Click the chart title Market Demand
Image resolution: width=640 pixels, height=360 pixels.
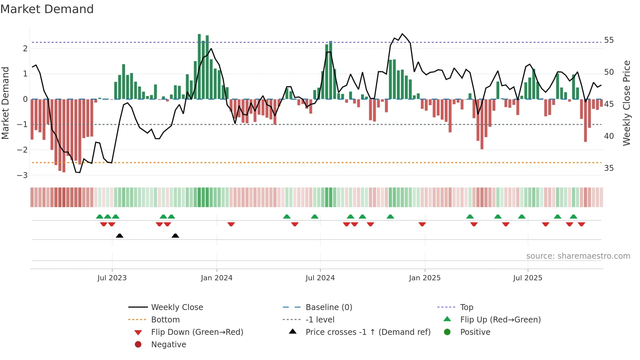pos(47,9)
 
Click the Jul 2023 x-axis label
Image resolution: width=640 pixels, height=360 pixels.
pos(112,278)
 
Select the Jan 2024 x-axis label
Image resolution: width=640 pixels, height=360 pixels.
pos(216,278)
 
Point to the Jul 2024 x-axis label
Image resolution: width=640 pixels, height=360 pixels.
pos(320,278)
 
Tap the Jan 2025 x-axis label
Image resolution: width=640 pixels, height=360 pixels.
pos(424,278)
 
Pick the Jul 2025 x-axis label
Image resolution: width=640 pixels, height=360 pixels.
pos(527,278)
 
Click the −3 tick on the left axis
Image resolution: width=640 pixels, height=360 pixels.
pos(22,175)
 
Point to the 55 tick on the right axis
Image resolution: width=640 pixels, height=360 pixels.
pos(609,40)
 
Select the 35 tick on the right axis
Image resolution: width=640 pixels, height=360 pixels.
pos(609,168)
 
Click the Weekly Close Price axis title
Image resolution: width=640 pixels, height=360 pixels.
pos(627,103)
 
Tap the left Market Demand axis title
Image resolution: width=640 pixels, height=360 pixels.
pos(5,103)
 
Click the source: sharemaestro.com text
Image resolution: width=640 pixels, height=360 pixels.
pos(578,256)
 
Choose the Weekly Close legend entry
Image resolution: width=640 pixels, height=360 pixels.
pos(177,307)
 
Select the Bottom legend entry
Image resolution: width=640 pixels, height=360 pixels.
pos(165,320)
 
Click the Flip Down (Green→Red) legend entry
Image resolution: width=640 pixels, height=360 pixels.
pos(197,332)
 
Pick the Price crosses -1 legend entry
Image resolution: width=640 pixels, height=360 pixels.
pos(368,332)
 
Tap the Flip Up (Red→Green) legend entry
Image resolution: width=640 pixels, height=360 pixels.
pos(500,320)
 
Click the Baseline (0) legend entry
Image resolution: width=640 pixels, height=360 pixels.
pos(329,307)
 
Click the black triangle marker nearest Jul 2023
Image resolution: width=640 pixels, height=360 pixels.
pos(120,236)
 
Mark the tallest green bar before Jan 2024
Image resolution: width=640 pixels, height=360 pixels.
pos(199,67)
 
